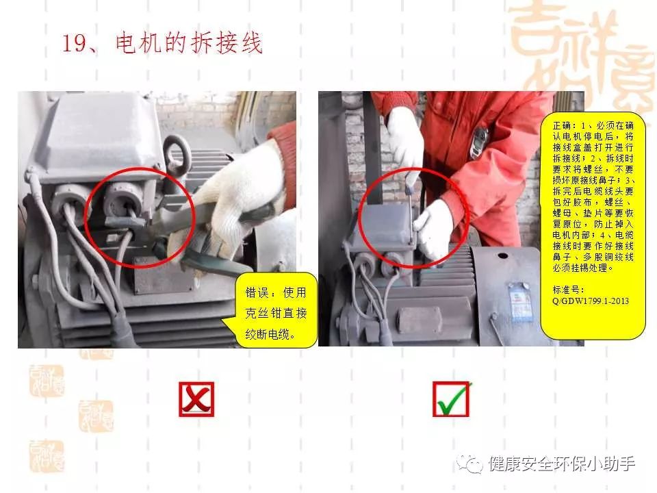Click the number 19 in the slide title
[x=73, y=44]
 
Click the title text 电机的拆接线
[x=190, y=44]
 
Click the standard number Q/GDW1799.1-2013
[x=591, y=301]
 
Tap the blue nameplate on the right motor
[x=518, y=302]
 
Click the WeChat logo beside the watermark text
[x=472, y=464]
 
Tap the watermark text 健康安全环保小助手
[x=562, y=464]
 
